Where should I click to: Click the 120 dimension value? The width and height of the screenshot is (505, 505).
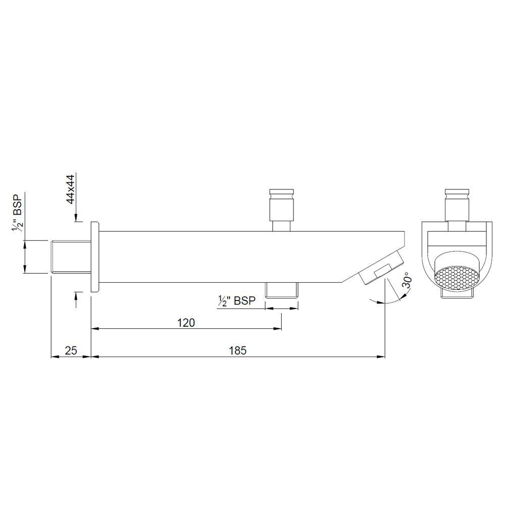[186, 323]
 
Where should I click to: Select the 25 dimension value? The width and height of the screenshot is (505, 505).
[71, 350]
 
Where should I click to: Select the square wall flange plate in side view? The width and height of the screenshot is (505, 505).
[94, 257]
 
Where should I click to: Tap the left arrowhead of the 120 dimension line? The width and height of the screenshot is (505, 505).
[94, 329]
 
